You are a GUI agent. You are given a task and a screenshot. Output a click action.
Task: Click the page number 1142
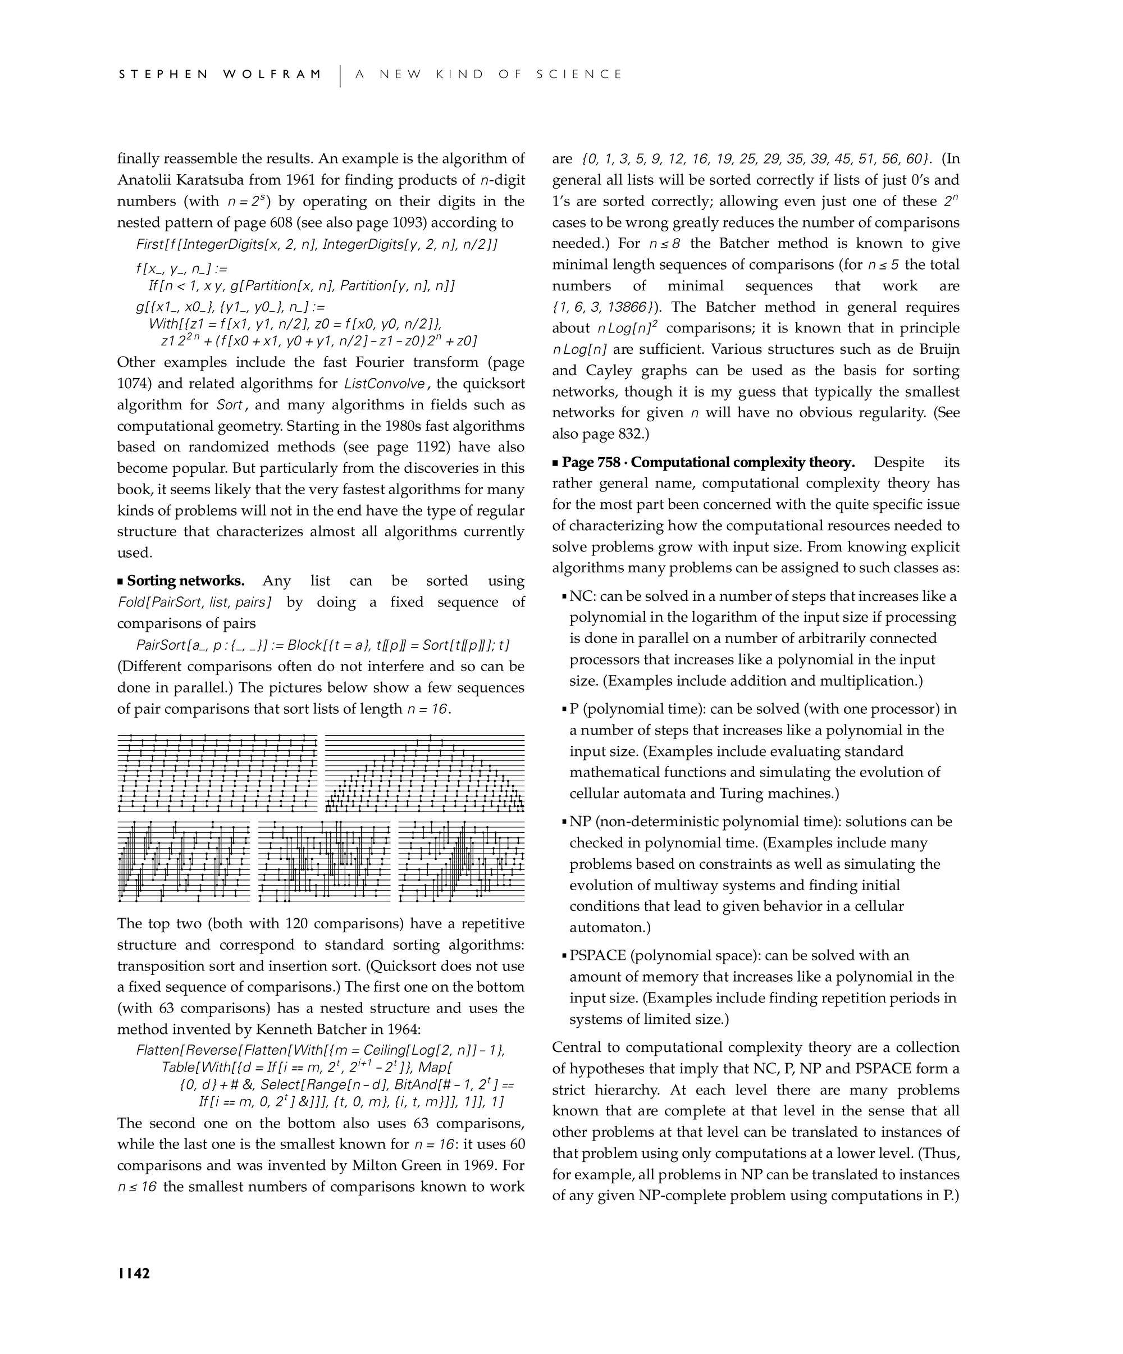pyautogui.click(x=134, y=1273)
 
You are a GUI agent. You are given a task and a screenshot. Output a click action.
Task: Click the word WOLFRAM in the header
pyautogui.click(x=272, y=74)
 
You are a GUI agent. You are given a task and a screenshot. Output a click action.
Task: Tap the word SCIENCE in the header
pyautogui.click(x=579, y=74)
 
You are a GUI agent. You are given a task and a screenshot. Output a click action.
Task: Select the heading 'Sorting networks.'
pyautogui.click(x=186, y=581)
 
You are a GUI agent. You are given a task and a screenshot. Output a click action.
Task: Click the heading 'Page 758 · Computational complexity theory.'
pyautogui.click(x=709, y=462)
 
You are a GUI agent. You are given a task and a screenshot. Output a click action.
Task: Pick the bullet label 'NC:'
pyautogui.click(x=582, y=596)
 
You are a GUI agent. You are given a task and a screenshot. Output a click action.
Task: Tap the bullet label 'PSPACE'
pyautogui.click(x=597, y=955)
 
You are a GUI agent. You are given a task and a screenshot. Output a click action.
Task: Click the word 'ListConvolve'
pyautogui.click(x=385, y=384)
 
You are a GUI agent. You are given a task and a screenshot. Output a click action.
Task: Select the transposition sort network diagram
pyautogui.click(x=218, y=772)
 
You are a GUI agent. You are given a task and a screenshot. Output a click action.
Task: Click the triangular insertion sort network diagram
pyautogui.click(x=425, y=772)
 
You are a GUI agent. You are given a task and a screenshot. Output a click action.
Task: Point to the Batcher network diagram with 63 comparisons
pyautogui.click(x=184, y=861)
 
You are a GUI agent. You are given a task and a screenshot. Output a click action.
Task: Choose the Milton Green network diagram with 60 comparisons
pyautogui.click(x=462, y=861)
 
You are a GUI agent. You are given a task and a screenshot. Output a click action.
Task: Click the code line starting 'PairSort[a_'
pyautogui.click(x=323, y=645)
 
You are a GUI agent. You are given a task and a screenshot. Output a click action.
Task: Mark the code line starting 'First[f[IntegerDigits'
pyautogui.click(x=317, y=244)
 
